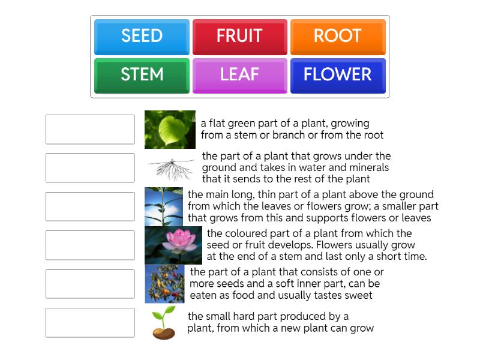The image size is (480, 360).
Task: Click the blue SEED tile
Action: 142,37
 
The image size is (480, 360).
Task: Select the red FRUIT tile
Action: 239,37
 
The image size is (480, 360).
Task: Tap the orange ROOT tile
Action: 338,37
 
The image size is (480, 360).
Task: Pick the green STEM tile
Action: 142,75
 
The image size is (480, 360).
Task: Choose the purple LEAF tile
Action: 239,75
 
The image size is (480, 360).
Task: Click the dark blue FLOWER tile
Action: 338,75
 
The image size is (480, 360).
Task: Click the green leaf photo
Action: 170,130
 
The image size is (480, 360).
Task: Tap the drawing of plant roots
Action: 171,168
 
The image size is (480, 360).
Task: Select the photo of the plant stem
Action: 164,206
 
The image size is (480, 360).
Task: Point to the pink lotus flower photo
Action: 173,245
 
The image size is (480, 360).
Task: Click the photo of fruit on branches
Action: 164,284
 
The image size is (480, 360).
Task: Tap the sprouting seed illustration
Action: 164,323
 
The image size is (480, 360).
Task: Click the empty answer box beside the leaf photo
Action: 90,130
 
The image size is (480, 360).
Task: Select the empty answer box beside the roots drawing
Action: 90,168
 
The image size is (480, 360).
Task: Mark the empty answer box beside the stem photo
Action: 90,206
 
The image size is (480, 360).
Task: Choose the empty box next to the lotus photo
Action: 90,245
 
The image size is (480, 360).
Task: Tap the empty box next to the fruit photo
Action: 90,284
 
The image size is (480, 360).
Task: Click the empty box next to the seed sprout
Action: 90,323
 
